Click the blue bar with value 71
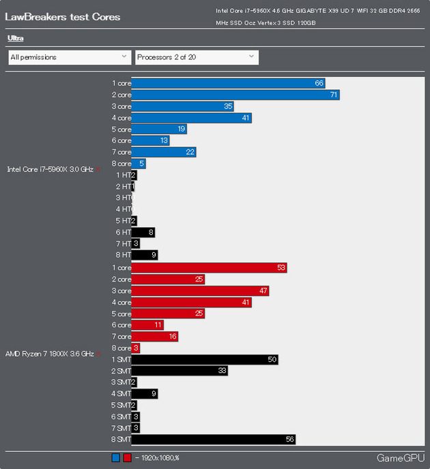235,95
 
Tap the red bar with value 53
209,268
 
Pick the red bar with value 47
200,291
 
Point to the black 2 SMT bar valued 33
179,371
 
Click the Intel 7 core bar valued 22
163,152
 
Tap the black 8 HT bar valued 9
144,255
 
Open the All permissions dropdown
69,57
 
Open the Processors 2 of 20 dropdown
197,57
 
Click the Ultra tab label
16,38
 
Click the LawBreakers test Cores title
63,16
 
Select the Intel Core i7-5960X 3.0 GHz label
51,169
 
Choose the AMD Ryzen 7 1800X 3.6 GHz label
49,354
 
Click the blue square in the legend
115,458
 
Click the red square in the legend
127,458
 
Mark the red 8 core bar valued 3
135,348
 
